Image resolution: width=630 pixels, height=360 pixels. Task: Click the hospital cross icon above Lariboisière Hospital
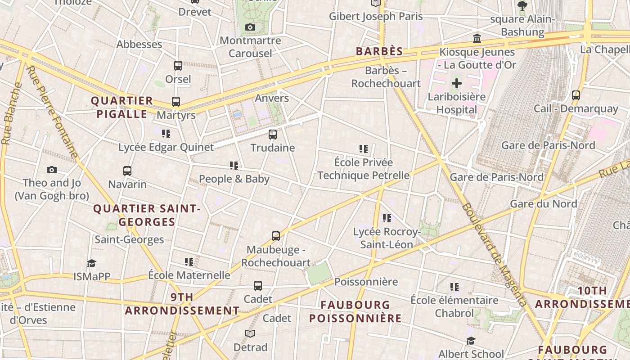457,83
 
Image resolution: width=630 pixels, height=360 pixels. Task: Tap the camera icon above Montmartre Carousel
250,27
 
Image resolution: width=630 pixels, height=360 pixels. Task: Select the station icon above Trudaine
273,134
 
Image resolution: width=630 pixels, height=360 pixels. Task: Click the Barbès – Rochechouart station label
386,77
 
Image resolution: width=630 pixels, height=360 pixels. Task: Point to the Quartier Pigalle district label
122,107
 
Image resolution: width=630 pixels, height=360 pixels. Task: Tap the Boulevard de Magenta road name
493,255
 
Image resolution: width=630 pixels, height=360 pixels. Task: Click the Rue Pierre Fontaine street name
52,112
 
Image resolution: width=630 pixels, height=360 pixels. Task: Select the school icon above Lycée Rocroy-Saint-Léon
387,218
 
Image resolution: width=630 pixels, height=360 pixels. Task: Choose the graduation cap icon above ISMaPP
92,263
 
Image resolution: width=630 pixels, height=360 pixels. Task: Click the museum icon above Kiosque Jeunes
477,38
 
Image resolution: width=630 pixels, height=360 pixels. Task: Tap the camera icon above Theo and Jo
52,170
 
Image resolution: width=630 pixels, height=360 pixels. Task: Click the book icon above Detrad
250,333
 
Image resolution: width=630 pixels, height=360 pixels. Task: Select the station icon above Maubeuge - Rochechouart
276,236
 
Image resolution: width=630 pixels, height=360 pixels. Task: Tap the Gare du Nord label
543,204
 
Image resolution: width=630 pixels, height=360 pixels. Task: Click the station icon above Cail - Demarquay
576,95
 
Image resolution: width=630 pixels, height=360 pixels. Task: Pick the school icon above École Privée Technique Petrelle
364,148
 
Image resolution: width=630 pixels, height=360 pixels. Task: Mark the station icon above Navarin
127,171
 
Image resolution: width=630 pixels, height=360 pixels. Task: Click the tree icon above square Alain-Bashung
522,5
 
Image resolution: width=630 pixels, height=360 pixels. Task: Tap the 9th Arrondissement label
182,304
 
